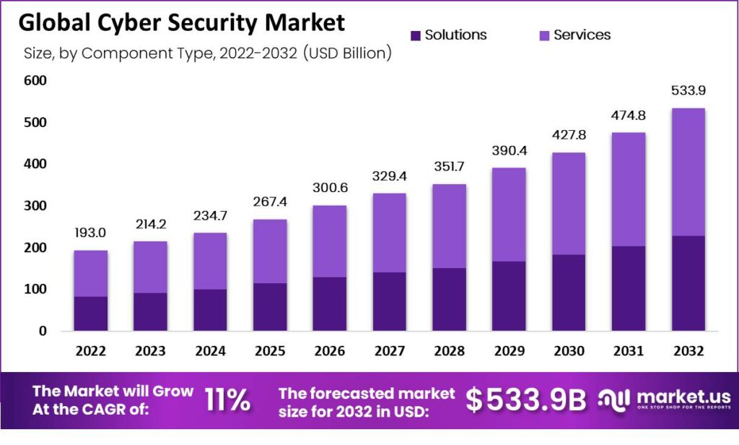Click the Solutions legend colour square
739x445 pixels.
point(415,35)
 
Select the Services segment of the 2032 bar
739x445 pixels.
point(688,172)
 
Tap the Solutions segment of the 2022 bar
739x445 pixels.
point(91,314)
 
